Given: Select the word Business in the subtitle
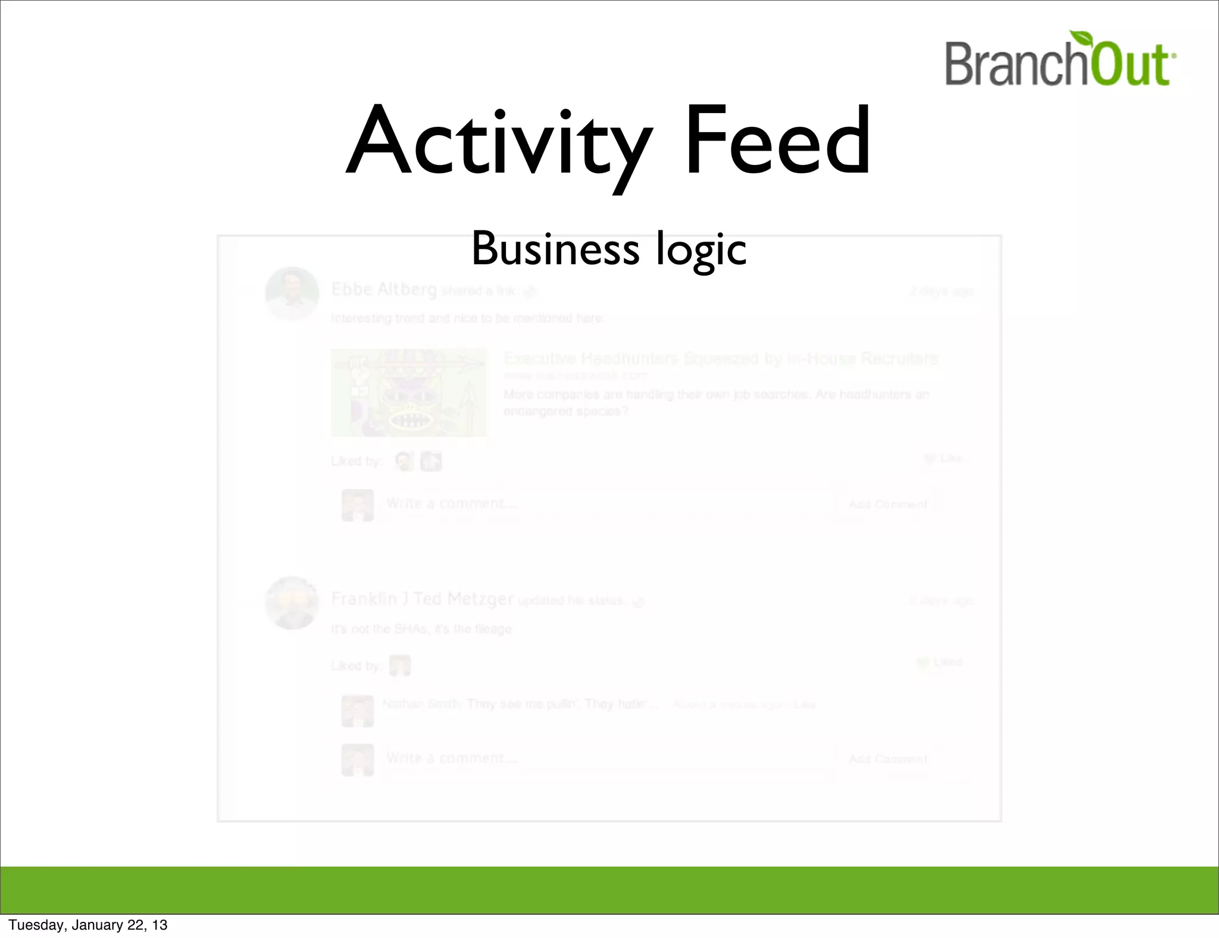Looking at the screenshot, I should coord(555,249).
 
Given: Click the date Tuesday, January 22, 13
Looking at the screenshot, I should coord(88,925).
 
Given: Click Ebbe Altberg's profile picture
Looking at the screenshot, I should coord(292,293).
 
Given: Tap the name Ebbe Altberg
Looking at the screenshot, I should coord(384,289).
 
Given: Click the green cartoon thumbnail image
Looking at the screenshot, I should coord(408,392).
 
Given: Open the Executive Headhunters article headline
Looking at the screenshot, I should coord(720,358).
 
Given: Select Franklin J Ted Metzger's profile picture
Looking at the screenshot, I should coord(292,602).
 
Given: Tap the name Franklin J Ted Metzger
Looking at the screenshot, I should coord(422,599).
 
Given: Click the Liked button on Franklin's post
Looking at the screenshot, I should coord(940,662).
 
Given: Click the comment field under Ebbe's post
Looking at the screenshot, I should coord(607,504).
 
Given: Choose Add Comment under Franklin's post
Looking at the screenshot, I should coord(887,759).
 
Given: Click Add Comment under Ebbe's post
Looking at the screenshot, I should coord(887,505).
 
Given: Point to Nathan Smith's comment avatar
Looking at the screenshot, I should coord(357,711).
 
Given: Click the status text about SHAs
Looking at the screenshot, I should coord(421,629).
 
